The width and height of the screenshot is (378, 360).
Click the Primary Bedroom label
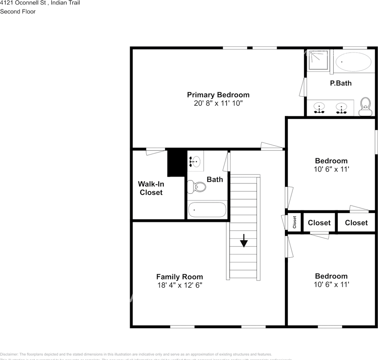[x=218, y=94]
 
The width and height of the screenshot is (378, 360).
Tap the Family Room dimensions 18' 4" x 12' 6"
[x=179, y=285]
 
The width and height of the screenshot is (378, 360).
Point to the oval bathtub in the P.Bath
[x=353, y=61]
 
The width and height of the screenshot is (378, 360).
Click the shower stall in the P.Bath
[x=318, y=60]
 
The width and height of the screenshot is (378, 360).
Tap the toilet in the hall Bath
[x=196, y=186]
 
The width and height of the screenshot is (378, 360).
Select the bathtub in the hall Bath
[x=207, y=210]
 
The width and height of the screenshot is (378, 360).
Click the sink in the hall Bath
[x=195, y=161]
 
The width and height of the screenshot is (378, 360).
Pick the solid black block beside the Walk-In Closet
[x=176, y=163]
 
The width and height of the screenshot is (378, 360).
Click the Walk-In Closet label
[x=151, y=188]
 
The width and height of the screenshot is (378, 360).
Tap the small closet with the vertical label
[x=294, y=222]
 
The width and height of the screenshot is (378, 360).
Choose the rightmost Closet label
[x=356, y=223]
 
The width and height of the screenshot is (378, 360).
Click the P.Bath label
[x=341, y=83]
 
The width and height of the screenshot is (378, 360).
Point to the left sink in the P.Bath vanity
[x=319, y=108]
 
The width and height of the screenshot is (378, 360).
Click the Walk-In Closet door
[x=155, y=151]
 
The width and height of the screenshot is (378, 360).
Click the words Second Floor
[x=18, y=12]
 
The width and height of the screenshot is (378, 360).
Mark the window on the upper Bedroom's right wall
[x=376, y=141]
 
